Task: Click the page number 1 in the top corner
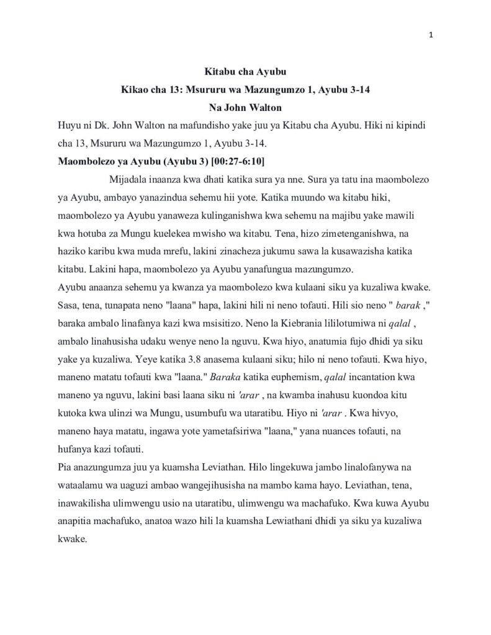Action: (431, 35)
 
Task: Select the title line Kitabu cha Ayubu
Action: (245, 73)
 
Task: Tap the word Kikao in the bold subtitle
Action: (135, 90)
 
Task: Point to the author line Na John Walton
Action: (245, 107)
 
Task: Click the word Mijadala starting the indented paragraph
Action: (127, 180)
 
